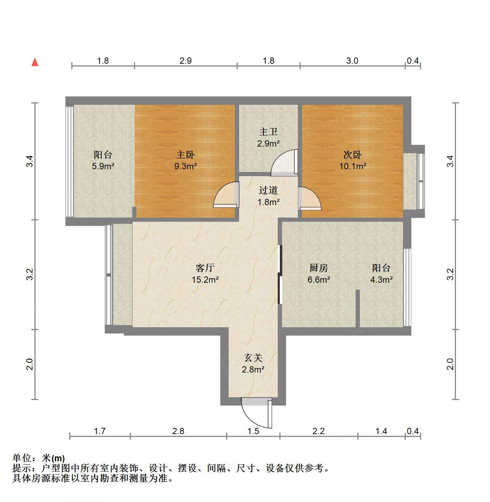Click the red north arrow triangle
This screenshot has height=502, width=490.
click(35, 62)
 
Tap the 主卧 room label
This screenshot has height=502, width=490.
click(185, 155)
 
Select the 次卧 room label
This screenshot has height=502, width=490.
click(353, 155)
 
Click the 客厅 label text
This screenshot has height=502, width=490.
click(205, 268)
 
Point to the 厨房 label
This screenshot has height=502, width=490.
click(319, 268)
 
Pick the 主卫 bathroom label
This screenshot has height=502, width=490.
click(268, 132)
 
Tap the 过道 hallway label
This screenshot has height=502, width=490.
click(268, 190)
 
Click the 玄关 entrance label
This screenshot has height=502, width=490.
click(253, 358)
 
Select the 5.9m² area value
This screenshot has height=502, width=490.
click(103, 166)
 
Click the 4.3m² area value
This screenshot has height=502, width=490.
click(381, 280)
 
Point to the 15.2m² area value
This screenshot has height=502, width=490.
click(205, 280)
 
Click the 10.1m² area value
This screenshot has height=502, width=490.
click(353, 166)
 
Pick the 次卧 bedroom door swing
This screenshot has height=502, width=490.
click(309, 198)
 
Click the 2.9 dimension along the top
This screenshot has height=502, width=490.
click(185, 61)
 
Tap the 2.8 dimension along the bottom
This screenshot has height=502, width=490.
click(178, 431)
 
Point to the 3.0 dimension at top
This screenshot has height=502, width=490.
click(352, 61)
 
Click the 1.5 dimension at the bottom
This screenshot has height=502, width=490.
click(253, 431)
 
